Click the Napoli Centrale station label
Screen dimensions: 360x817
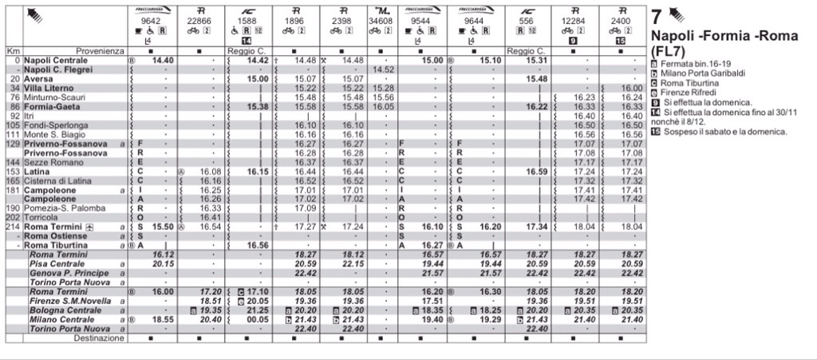(x=55, y=60)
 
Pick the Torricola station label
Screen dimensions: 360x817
(x=41, y=217)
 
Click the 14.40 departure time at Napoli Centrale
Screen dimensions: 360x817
(x=163, y=60)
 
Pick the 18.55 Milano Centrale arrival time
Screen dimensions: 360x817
(x=163, y=318)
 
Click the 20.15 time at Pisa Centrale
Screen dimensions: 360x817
(x=163, y=263)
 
